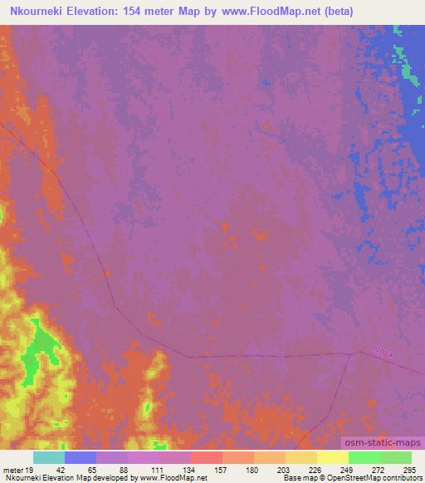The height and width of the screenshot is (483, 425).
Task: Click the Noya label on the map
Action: [383, 352]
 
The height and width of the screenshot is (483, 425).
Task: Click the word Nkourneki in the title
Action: [35, 12]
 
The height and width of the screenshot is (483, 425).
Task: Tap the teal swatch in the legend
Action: [49, 457]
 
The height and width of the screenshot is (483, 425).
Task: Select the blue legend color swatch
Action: [81, 457]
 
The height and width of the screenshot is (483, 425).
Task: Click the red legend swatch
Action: [207, 457]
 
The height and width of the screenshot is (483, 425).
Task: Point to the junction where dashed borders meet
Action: [352, 354]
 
